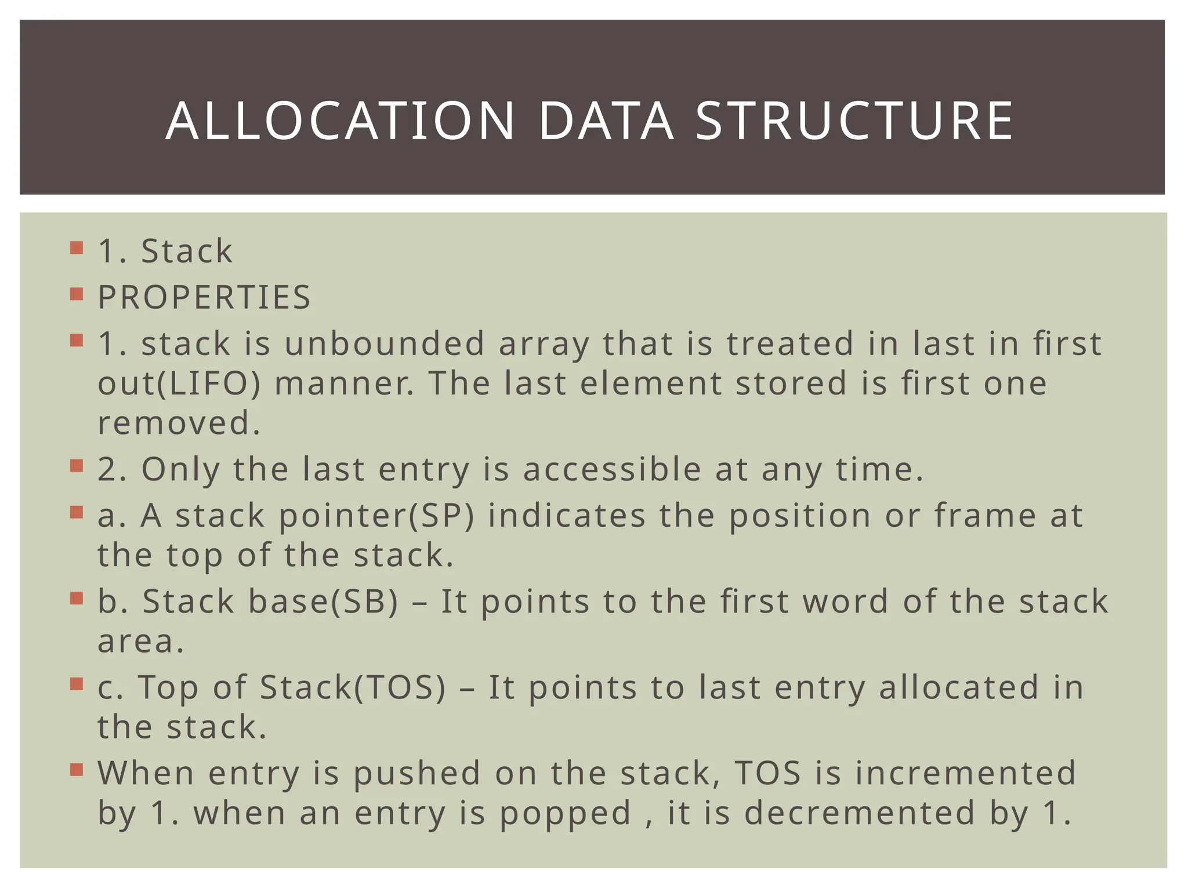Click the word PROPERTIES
coord(204,298)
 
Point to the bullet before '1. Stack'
coord(77,248)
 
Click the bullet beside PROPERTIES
coord(77,295)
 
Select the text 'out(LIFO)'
coord(179,383)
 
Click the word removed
coord(179,423)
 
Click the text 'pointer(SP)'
coord(376,515)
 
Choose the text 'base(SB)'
coord(323,601)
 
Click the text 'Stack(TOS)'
coord(353,687)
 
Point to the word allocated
coord(959,687)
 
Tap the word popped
coord(565,813)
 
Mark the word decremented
coord(860,813)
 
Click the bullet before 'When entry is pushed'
coord(77,770)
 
